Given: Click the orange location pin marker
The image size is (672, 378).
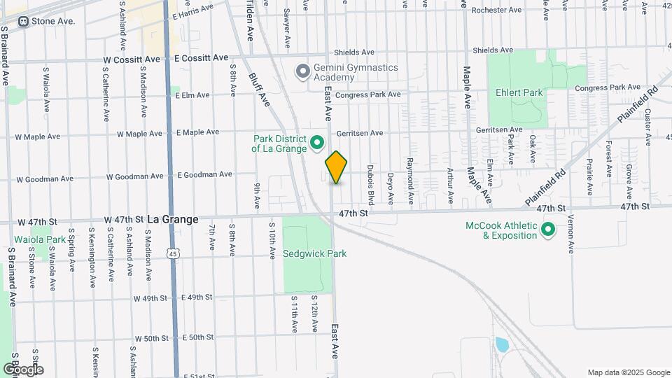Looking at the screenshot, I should pyautogui.click(x=336, y=167).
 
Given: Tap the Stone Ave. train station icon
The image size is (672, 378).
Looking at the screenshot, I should pyautogui.click(x=24, y=21).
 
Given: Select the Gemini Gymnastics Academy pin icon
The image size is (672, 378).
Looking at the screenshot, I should pyautogui.click(x=302, y=71).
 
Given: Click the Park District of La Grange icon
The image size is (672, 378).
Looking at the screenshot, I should pyautogui.click(x=316, y=143).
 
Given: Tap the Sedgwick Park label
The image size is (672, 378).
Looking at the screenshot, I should pyautogui.click(x=315, y=253).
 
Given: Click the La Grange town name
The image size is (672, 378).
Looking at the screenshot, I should pyautogui.click(x=173, y=219).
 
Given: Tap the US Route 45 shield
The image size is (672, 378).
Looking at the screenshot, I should pyautogui.click(x=172, y=252).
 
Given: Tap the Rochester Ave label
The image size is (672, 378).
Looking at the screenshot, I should pyautogui.click(x=497, y=10).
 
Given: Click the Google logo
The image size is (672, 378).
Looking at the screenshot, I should pyautogui.click(x=23, y=369).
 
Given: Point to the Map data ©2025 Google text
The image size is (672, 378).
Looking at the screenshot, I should pyautogui.click(x=628, y=372).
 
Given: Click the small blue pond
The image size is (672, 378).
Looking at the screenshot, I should pyautogui.click(x=501, y=344).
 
